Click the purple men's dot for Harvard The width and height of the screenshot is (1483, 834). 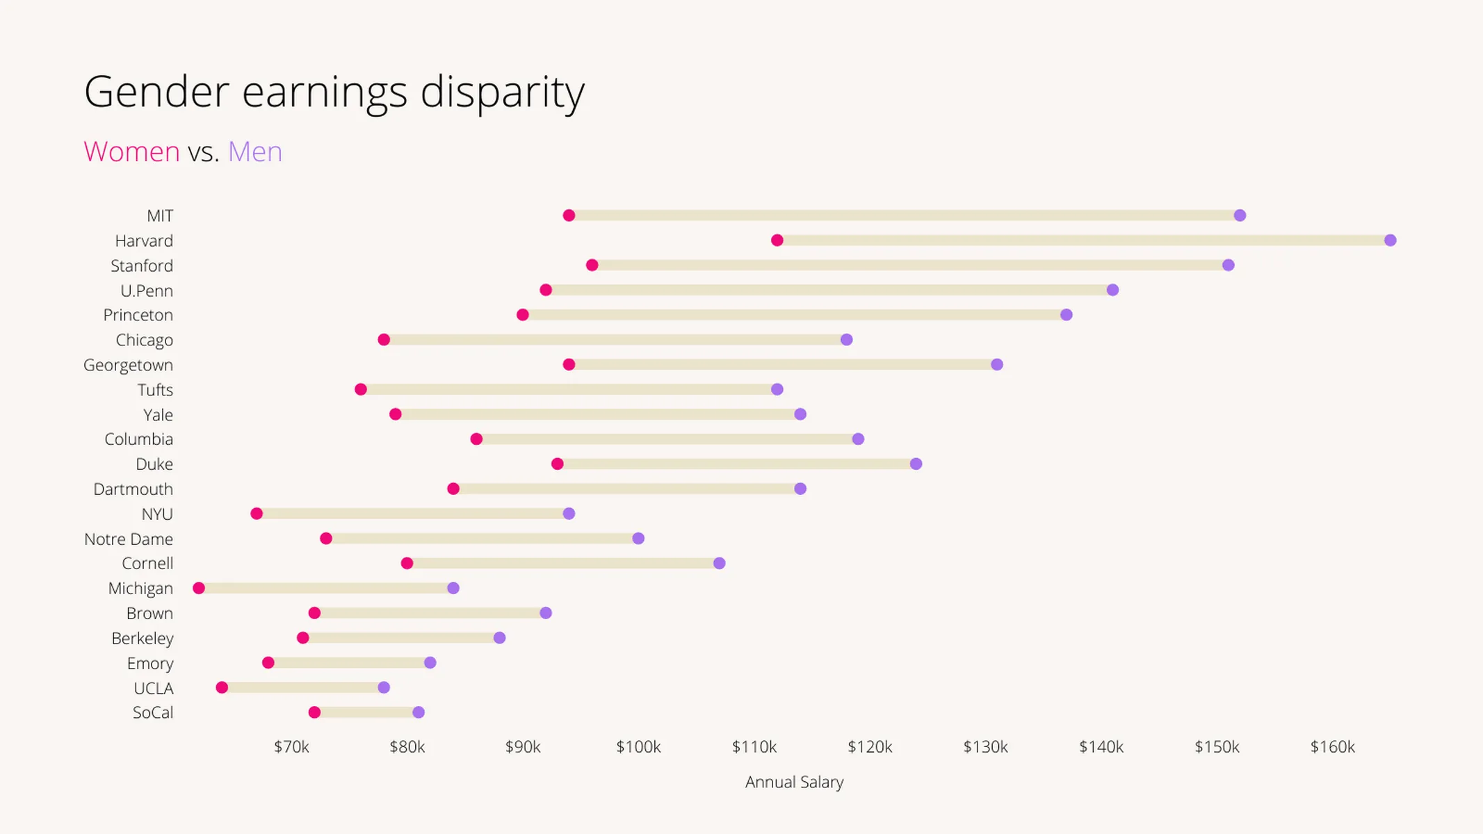[x=1390, y=240]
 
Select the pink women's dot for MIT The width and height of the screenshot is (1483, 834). [x=569, y=215]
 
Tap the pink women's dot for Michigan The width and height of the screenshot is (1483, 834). [x=199, y=588]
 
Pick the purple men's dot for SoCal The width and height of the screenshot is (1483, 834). [x=419, y=712]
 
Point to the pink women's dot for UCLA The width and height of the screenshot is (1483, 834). [x=222, y=687]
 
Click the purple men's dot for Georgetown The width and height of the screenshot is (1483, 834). [x=997, y=365]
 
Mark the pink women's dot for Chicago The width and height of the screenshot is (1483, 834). [x=384, y=340]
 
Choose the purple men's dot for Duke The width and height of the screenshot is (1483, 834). [x=916, y=464]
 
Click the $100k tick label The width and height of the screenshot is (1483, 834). [x=638, y=747]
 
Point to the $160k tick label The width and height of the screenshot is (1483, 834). [x=1332, y=747]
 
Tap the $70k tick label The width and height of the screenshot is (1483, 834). [x=291, y=747]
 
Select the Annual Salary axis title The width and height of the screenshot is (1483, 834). [x=794, y=783]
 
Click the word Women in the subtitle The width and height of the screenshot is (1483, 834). [x=131, y=152]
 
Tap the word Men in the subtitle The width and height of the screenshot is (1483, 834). [x=255, y=152]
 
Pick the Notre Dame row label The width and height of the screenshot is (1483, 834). [x=129, y=539]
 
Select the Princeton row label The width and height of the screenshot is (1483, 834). [x=138, y=316]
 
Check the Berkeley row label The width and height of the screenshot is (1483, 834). [x=143, y=639]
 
